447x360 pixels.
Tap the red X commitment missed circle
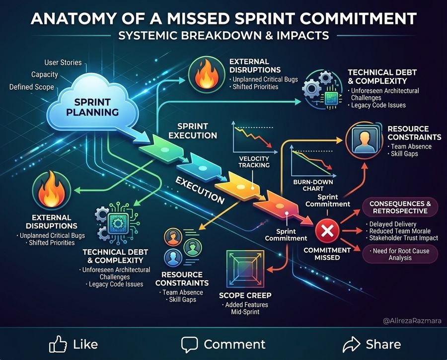point(327,230)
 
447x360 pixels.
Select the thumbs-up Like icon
point(58,344)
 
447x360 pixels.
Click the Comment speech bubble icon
point(189,345)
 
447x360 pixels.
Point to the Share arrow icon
point(352,344)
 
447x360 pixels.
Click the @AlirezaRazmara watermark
point(412,321)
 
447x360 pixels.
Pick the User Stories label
point(63,63)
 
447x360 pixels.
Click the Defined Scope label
point(32,87)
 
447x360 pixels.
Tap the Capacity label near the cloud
point(45,74)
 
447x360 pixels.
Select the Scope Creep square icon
point(245,269)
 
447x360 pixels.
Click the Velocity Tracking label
point(254,162)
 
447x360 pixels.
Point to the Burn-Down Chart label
point(313,185)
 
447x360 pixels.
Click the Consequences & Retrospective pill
point(400,207)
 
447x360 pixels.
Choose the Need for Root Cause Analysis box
point(400,254)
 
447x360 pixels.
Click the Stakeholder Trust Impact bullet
point(402,238)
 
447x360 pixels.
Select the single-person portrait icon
point(365,140)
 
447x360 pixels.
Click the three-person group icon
point(182,247)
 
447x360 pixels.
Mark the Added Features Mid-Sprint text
point(245,308)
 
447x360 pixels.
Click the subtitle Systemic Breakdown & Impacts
point(224,36)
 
